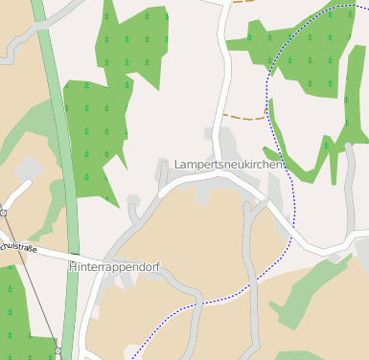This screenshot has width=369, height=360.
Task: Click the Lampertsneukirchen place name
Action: tap(229, 165)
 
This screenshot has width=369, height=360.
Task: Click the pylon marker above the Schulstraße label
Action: tap(4, 213)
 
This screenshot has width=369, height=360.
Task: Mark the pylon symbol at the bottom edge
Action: tap(58, 351)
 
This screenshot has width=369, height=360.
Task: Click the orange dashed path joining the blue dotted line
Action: tap(244, 117)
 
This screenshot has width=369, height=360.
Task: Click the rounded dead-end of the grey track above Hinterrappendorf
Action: tap(133, 201)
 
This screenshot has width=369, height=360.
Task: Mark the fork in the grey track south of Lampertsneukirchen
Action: tap(251, 203)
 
